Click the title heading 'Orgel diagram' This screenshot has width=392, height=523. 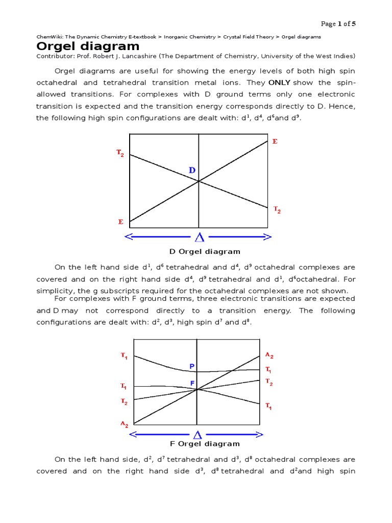88,46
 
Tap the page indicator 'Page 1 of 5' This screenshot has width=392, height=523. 338,24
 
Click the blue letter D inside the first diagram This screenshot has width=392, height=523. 192,170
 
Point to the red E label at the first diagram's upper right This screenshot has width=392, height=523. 275,141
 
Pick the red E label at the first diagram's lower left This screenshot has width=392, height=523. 120,222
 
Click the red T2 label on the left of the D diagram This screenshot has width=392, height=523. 120,153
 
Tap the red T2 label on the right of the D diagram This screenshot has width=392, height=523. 277,209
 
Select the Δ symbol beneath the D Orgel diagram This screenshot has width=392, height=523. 199,237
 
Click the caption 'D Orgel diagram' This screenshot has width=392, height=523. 205,251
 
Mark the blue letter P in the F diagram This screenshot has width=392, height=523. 192,366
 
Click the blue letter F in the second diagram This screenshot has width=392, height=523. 192,383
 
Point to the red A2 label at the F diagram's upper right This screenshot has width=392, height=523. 269,355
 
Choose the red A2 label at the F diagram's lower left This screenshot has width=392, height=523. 124,424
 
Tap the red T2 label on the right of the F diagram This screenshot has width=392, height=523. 269,382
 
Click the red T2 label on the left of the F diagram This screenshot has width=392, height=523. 124,402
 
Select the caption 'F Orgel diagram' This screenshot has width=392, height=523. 204,444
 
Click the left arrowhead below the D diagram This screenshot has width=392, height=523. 129,237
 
